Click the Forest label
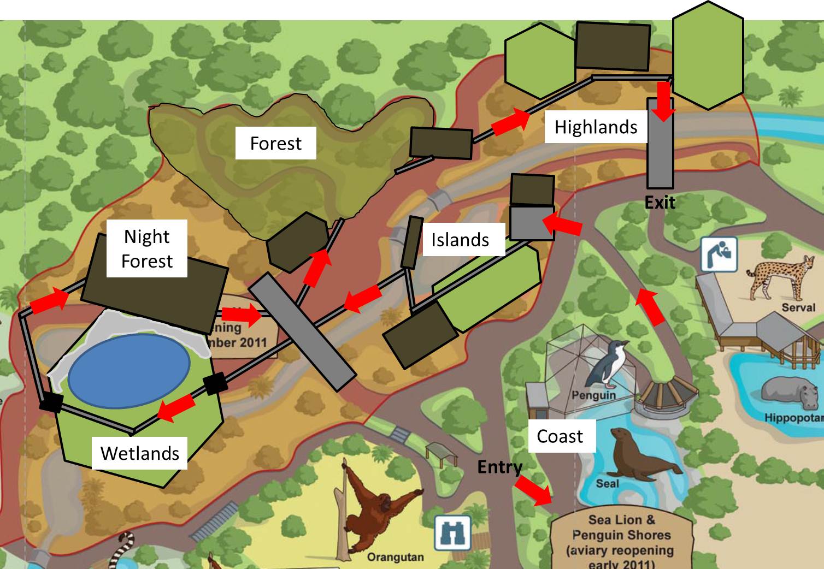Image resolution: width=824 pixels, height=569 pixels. click(x=275, y=143)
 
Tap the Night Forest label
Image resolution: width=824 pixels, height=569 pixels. click(x=146, y=248)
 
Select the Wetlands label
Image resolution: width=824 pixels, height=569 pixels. click(x=139, y=453)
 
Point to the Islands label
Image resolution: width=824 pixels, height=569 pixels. click(x=460, y=239)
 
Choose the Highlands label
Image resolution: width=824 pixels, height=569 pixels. click(x=596, y=127)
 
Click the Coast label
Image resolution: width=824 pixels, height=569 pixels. click(x=560, y=436)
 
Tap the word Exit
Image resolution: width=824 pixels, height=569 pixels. click(x=660, y=203)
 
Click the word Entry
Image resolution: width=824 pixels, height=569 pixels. click(x=499, y=467)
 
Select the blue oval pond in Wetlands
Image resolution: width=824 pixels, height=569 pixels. click(x=130, y=370)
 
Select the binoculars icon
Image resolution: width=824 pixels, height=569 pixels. click(x=452, y=533)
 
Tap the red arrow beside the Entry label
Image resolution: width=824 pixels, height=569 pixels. click(x=533, y=489)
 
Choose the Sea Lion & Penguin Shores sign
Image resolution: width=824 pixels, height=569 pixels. click(x=621, y=541)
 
